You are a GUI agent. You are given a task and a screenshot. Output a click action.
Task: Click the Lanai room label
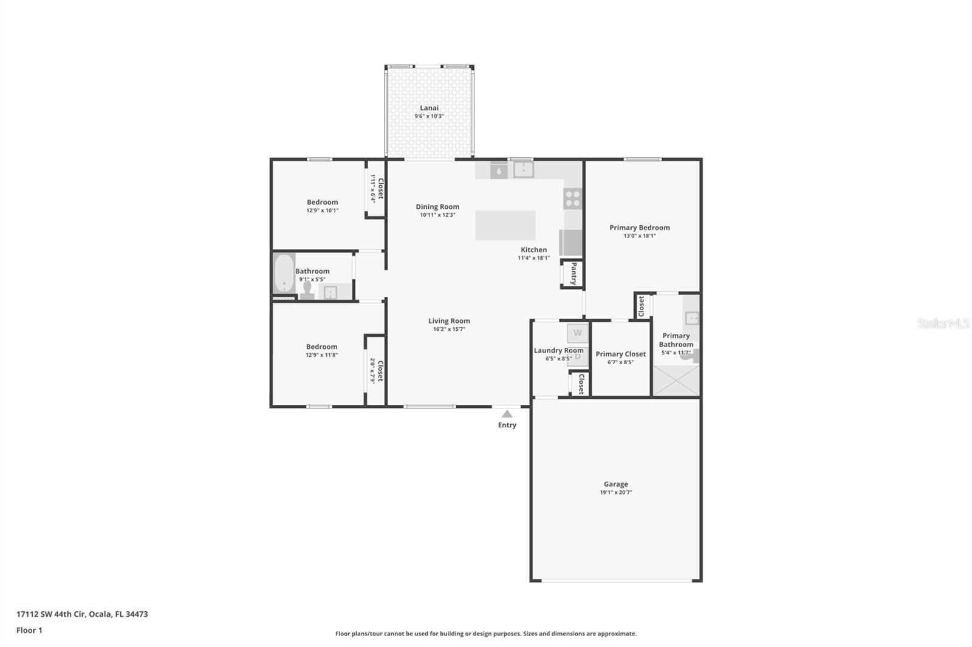pyautogui.click(x=429, y=108)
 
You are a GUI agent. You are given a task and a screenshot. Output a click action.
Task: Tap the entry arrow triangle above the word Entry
pyautogui.click(x=507, y=414)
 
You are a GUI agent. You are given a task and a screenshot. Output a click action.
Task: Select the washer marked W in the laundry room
pyautogui.click(x=577, y=333)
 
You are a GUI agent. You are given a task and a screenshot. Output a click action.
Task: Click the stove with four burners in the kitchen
pyautogui.click(x=572, y=198)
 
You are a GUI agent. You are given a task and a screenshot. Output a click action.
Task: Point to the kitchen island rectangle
pyautogui.click(x=505, y=225)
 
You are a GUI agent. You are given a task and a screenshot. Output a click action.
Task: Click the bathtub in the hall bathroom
pyautogui.click(x=284, y=274)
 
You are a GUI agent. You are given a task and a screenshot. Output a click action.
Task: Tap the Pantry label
pyautogui.click(x=573, y=274)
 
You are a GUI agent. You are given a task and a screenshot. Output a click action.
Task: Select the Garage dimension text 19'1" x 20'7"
pyautogui.click(x=615, y=492)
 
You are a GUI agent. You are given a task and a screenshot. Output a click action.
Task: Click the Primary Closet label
pyautogui.click(x=620, y=354)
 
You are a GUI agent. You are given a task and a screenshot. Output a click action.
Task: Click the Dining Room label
pyautogui.click(x=437, y=206)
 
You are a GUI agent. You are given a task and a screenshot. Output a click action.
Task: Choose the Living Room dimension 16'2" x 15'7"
pyautogui.click(x=449, y=329)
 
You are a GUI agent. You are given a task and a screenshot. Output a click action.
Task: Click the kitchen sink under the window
pyautogui.click(x=522, y=169)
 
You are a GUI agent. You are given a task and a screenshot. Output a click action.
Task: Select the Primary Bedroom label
pyautogui.click(x=639, y=228)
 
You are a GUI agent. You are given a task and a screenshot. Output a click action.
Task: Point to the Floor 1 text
pyautogui.click(x=29, y=630)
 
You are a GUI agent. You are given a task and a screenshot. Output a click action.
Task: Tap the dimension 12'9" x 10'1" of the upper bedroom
pyautogui.click(x=322, y=211)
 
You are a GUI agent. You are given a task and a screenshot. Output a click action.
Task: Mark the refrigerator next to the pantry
pyautogui.click(x=570, y=243)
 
